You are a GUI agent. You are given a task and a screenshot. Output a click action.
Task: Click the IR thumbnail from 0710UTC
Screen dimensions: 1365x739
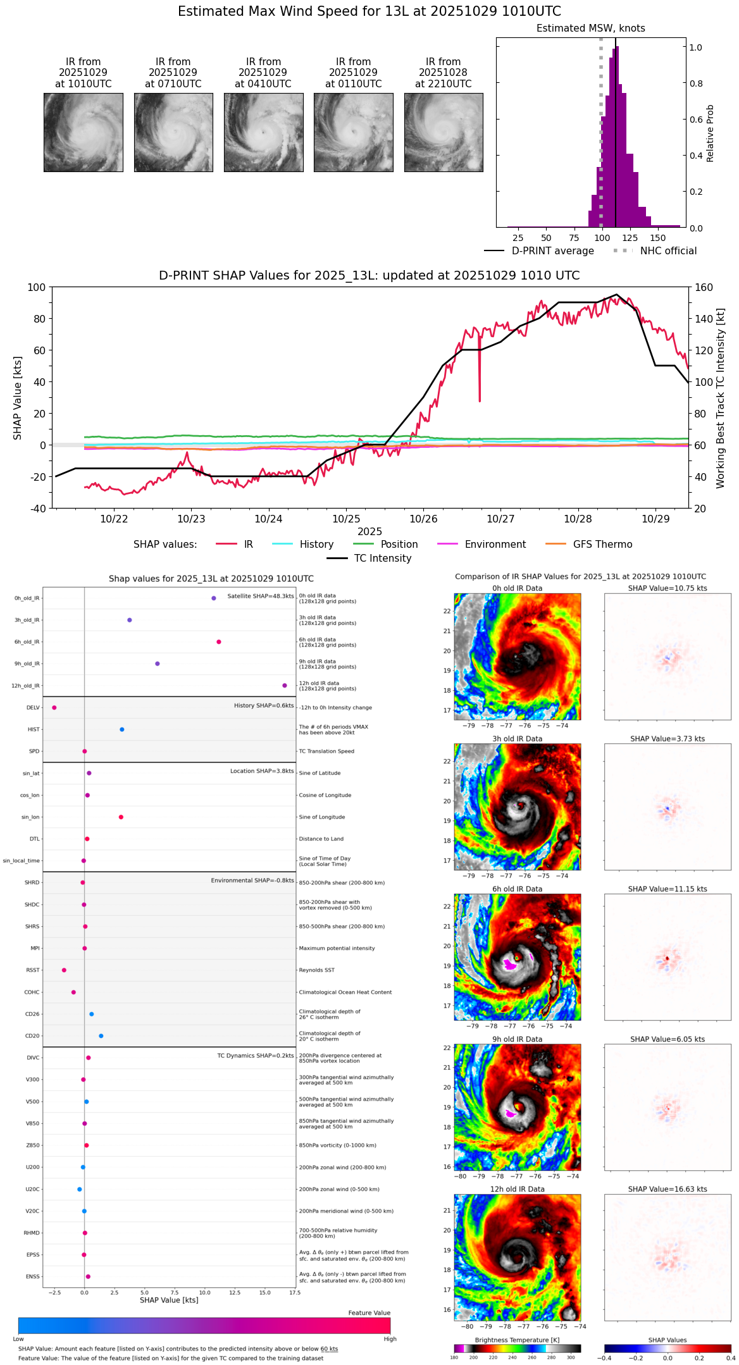(x=173, y=132)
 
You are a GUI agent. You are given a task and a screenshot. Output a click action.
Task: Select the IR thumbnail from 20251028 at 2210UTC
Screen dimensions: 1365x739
(x=444, y=132)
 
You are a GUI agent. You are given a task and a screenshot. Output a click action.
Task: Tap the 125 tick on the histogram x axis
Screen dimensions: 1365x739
(x=630, y=238)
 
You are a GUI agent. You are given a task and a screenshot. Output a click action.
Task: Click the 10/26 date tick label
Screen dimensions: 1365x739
(x=423, y=519)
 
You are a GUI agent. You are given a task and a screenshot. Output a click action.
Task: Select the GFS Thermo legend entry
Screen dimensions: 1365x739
(x=602, y=545)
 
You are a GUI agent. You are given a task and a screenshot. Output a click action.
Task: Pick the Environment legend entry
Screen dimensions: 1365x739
(x=495, y=545)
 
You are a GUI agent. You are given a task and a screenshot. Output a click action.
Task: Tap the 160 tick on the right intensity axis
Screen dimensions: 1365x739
(x=704, y=287)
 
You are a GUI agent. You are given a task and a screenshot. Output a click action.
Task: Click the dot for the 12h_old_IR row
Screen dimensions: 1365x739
(x=285, y=686)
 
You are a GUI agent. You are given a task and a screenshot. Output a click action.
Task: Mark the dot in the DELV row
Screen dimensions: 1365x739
(x=54, y=708)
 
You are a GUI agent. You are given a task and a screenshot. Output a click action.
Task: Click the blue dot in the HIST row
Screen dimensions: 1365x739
(x=122, y=729)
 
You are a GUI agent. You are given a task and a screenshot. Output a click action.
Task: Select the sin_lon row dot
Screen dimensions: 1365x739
(x=121, y=817)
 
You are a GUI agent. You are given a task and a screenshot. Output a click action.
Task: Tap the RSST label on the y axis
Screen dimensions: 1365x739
(x=33, y=970)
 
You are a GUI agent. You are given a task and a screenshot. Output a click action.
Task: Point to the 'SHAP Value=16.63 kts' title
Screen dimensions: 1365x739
(x=668, y=1189)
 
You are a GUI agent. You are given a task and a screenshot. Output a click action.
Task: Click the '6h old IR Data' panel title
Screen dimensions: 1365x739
(x=517, y=889)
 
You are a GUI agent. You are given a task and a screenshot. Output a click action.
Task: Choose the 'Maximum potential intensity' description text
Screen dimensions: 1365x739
(x=337, y=948)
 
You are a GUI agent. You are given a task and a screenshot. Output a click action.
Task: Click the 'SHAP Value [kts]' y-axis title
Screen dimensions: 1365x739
(x=18, y=398)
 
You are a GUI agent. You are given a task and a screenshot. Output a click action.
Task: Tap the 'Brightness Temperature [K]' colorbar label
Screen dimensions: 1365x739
(x=517, y=1340)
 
